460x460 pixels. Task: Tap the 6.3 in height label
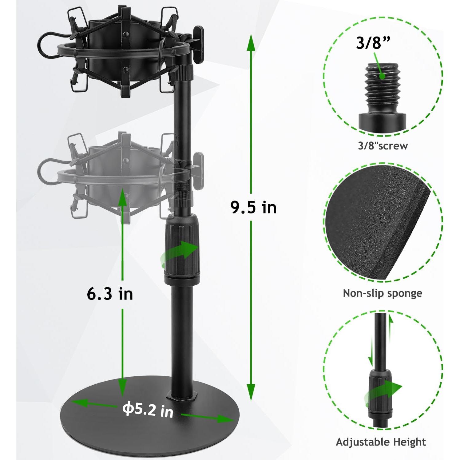(110, 294)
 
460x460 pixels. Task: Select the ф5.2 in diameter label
(148, 410)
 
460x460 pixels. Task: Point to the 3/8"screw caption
(383, 145)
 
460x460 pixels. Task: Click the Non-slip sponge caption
(383, 293)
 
